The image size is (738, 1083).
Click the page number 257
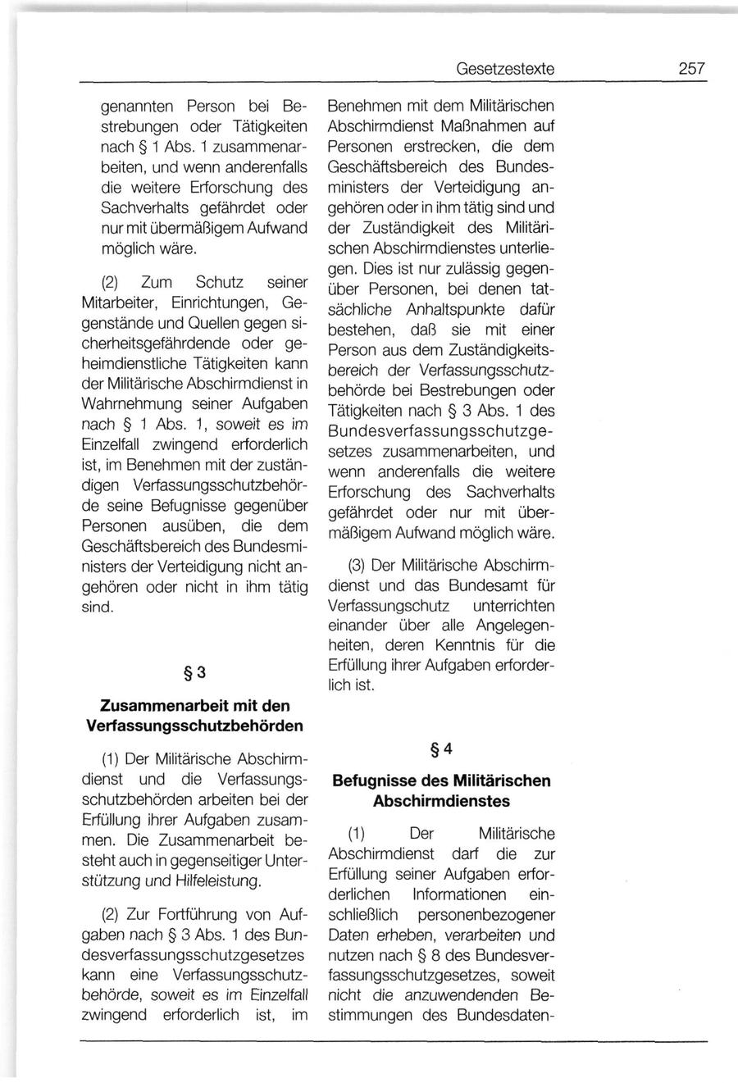(691, 70)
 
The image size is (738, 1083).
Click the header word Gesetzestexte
(505, 70)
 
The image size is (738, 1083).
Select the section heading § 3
(195, 672)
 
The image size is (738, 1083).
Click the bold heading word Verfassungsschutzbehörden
(195, 726)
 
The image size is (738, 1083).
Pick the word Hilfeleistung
(224, 881)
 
